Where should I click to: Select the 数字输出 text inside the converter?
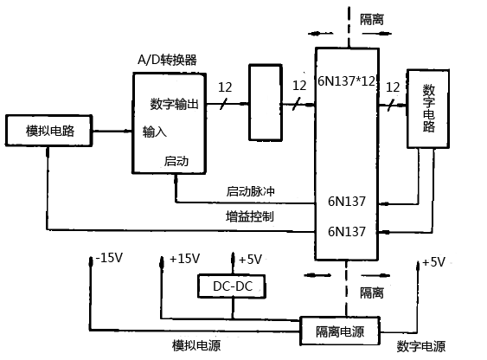point(175,105)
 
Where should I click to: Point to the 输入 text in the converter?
point(155,132)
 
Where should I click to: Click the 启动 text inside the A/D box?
point(176,162)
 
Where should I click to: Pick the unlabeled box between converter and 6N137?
point(264,102)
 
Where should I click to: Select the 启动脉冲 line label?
point(249,191)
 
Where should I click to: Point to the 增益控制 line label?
point(249,216)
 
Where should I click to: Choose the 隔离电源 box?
point(339,331)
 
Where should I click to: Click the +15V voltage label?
point(184,258)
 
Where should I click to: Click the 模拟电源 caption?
point(196,346)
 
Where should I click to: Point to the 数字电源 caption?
point(421,346)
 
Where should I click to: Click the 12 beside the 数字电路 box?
point(393,87)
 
